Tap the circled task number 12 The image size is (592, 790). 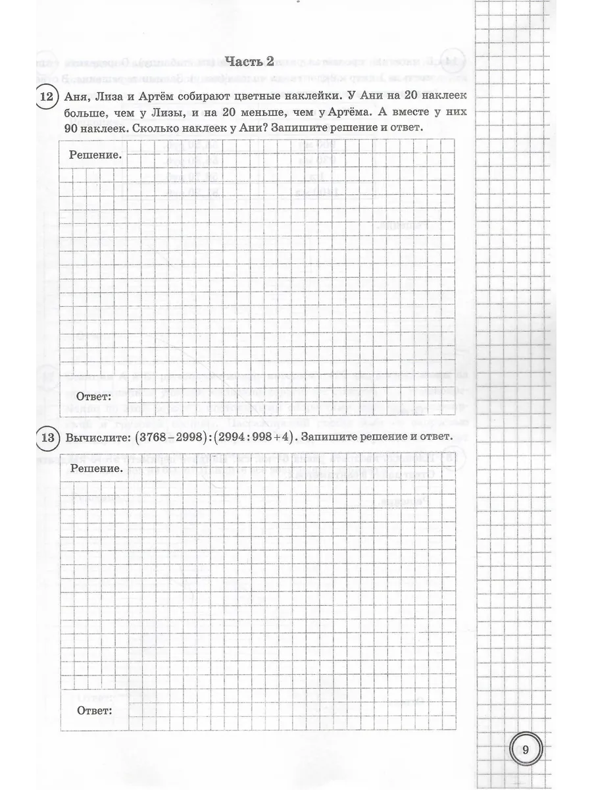point(45,98)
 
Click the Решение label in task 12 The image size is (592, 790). point(95,155)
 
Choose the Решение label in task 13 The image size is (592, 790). point(97,469)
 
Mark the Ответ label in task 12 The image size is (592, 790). point(94,396)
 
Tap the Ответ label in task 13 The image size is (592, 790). point(94,710)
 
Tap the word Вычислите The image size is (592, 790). point(95,437)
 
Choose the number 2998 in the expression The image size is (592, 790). point(189,437)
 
